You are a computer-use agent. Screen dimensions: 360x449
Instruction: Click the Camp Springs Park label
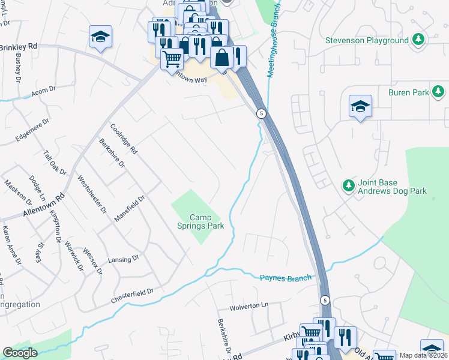[x=208, y=221]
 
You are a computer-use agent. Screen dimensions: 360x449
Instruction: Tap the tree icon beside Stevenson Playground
[x=418, y=40]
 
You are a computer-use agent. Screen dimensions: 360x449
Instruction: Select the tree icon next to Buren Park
[x=439, y=92]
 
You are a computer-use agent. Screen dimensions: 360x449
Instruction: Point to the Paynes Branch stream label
[x=286, y=277]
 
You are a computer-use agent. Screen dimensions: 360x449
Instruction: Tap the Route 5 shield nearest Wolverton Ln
[x=325, y=300]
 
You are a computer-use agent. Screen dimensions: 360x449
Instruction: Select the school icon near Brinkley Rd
[x=100, y=37]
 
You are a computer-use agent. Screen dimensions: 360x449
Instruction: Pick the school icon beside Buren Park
[x=360, y=106]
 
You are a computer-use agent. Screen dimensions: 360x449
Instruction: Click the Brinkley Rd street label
[x=19, y=46]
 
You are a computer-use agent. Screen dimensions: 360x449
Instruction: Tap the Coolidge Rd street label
[x=124, y=139]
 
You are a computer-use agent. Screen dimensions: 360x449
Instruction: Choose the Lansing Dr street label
[x=124, y=259]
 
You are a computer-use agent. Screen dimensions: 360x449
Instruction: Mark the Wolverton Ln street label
[x=248, y=307]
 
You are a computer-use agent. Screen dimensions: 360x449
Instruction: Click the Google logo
[x=20, y=353]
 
